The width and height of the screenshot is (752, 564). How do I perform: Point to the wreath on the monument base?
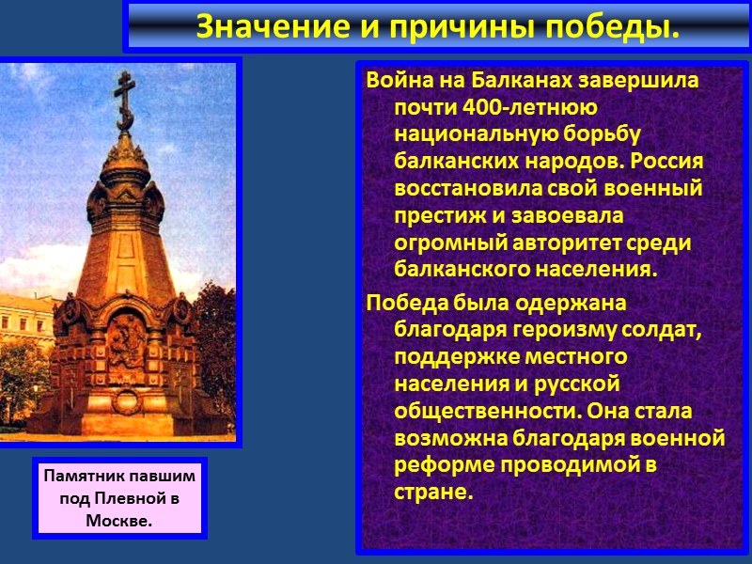(x=124, y=400)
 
